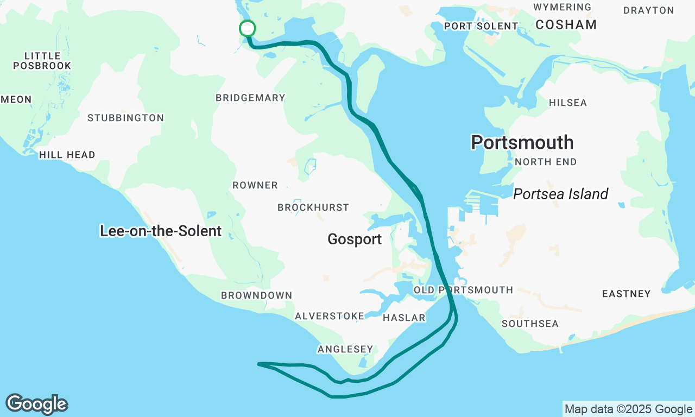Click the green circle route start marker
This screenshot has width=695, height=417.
pyautogui.click(x=247, y=28)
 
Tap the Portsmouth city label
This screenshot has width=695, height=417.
pyautogui.click(x=522, y=142)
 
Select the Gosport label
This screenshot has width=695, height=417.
pyautogui.click(x=355, y=239)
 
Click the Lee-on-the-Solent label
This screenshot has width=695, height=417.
pyautogui.click(x=161, y=231)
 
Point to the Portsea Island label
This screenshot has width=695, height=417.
pyautogui.click(x=560, y=194)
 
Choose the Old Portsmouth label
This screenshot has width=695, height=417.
pyautogui.click(x=463, y=290)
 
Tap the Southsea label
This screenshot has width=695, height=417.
pyautogui.click(x=530, y=324)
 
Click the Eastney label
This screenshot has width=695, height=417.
pyautogui.click(x=626, y=294)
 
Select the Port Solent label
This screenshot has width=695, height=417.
pyautogui.click(x=481, y=26)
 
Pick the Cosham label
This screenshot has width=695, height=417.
pyautogui.click(x=566, y=24)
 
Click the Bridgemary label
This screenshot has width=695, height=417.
pyautogui.click(x=250, y=98)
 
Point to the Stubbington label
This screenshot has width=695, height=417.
pyautogui.click(x=125, y=118)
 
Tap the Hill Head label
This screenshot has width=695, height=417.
pyautogui.click(x=67, y=155)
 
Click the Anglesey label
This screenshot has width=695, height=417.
pyautogui.click(x=345, y=349)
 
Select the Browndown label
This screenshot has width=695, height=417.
pyautogui.click(x=256, y=295)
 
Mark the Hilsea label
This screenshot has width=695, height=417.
pyautogui.click(x=567, y=103)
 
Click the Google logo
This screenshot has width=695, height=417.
pyautogui.click(x=36, y=405)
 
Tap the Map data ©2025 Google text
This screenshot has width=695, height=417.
pyautogui.click(x=628, y=409)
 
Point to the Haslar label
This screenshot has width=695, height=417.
pyautogui.click(x=404, y=318)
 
